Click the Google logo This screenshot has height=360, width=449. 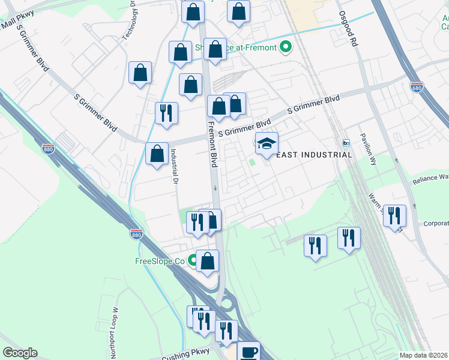[x=20, y=353]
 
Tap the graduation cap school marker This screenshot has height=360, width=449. [x=267, y=144]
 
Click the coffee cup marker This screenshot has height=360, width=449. [x=248, y=352]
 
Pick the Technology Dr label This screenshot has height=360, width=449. [x=130, y=20]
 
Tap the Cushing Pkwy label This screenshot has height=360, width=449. [x=184, y=355]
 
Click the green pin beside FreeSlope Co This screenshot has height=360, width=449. [x=193, y=261]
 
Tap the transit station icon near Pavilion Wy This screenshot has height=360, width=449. [x=346, y=143]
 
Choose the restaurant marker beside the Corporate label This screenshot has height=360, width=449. [x=394, y=215]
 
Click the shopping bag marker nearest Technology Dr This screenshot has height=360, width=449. [x=140, y=73]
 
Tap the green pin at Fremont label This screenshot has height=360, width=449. [x=286, y=47]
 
